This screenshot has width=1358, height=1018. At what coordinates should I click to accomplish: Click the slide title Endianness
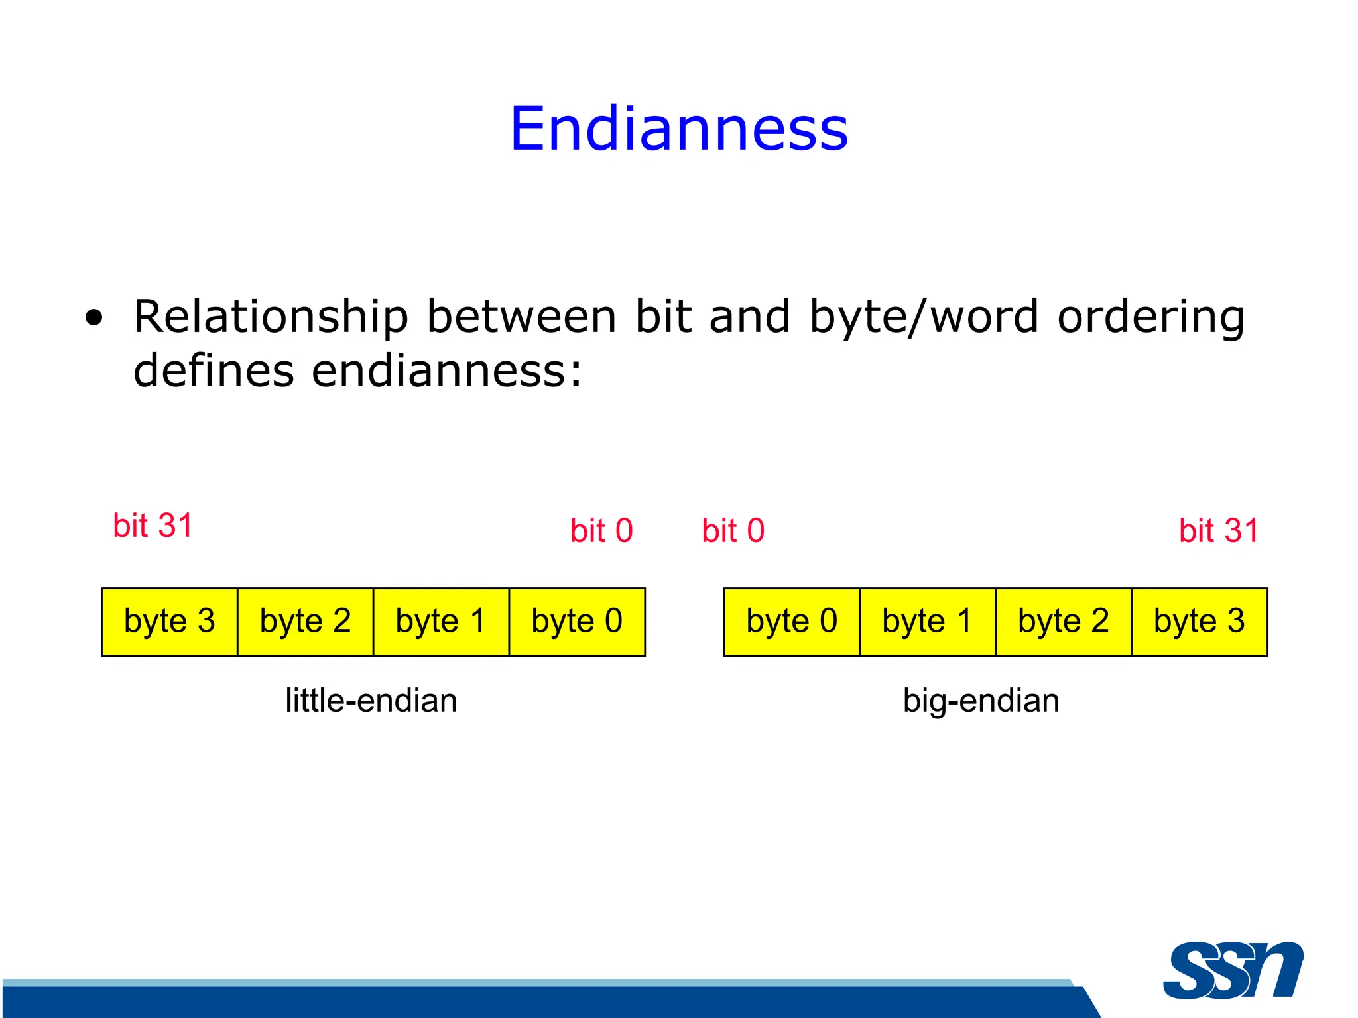coord(678,129)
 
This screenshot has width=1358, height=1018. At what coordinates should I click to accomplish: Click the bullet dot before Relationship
coord(94,318)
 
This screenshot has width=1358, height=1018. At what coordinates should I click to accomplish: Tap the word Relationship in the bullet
coord(271,317)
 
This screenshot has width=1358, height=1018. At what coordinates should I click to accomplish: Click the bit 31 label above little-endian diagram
coord(153,526)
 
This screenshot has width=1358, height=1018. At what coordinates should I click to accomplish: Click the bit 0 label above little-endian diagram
coord(601,531)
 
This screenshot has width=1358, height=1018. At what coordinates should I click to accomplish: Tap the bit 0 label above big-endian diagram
coord(733,531)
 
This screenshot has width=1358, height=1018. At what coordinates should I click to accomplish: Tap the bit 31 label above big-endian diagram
coord(1219,531)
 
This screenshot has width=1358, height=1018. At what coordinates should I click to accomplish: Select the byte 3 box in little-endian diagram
coord(170,622)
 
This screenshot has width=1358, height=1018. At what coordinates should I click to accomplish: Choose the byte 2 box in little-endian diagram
coord(306,622)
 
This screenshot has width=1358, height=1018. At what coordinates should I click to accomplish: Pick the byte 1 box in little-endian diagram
coord(441,622)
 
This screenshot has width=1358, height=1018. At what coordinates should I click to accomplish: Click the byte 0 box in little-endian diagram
coord(577,622)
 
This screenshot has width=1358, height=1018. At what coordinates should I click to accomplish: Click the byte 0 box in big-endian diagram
coord(792,622)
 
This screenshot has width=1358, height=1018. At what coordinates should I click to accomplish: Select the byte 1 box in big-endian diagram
coord(928,622)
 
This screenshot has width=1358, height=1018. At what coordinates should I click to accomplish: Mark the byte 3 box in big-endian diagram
coord(1199,622)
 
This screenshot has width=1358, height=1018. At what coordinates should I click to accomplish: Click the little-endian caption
coord(371,701)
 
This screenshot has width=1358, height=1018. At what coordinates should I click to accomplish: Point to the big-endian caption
coord(981,701)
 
